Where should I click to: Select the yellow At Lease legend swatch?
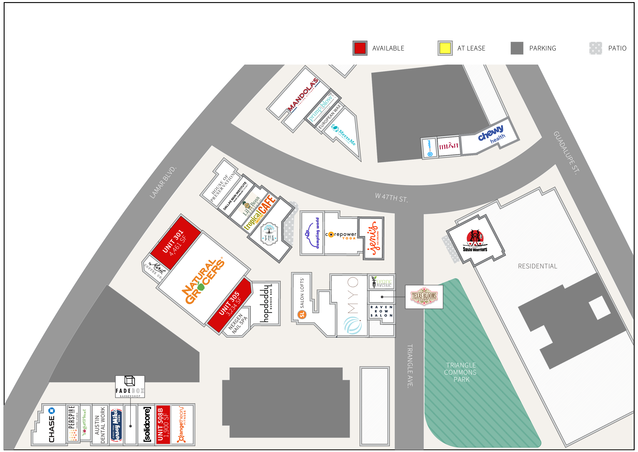point(445,48)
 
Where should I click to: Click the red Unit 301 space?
point(175,242)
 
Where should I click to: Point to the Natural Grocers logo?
point(203,281)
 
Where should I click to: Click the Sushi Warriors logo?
point(475,241)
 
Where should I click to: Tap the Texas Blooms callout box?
point(424,297)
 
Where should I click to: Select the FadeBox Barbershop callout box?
point(130,387)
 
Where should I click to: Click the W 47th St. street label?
point(391,198)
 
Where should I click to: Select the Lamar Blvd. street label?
point(163,183)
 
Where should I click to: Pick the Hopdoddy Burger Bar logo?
point(266,303)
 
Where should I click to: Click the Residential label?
point(537,266)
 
